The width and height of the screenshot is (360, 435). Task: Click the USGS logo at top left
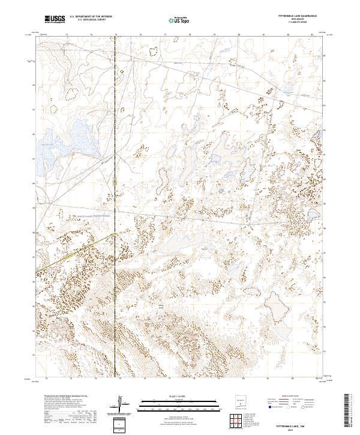55,19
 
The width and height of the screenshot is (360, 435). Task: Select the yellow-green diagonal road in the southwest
72,252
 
